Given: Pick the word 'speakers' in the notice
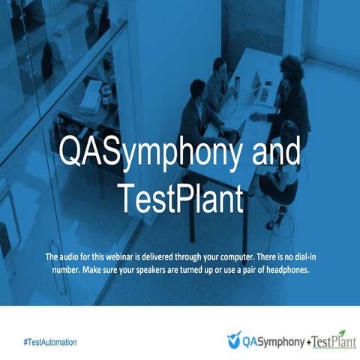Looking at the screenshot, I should pos(163,271).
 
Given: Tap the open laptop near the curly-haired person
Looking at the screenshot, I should pos(263,91).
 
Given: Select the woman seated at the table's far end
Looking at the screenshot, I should pos(218,75).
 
